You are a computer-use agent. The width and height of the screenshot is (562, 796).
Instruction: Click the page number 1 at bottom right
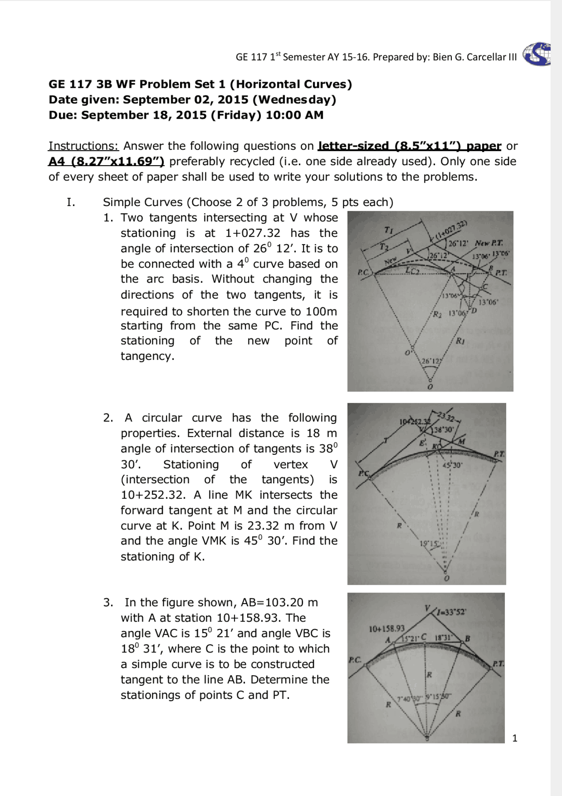[x=515, y=738]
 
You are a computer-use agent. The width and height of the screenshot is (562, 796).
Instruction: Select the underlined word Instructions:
[x=83, y=146]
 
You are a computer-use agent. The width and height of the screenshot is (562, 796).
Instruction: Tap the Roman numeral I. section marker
[x=71, y=202]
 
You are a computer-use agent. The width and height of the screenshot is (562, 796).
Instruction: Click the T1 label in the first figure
[x=389, y=230]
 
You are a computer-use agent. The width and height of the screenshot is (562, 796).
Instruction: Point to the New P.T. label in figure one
[x=489, y=243]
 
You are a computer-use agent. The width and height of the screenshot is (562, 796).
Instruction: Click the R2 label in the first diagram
[x=437, y=314]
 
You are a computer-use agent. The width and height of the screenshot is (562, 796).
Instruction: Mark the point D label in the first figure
[x=474, y=311]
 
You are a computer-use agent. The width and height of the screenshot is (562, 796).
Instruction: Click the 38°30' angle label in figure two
[x=444, y=430]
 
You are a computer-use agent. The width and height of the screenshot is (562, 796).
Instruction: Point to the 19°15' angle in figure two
[x=429, y=543]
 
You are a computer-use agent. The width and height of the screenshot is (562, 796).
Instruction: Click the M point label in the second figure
[x=462, y=441]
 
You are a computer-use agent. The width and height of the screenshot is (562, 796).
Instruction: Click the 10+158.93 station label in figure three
[x=386, y=629]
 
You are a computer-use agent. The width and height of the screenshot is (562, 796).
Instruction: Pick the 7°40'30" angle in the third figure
[x=410, y=698]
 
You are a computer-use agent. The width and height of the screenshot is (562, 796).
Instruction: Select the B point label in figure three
[x=468, y=638]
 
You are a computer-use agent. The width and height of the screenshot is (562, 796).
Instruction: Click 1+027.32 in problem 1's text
[x=252, y=233]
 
